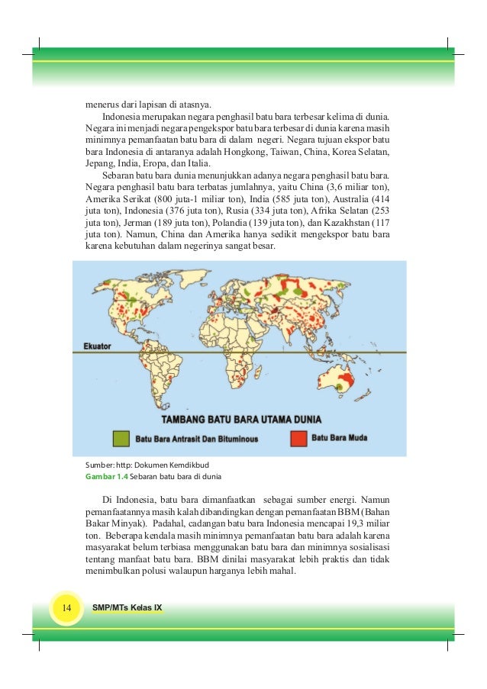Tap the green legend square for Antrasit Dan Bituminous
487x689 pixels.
121,438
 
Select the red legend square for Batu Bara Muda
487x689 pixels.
298,438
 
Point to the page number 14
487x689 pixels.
66,608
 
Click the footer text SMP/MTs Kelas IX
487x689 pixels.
127,608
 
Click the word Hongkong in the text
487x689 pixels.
244,152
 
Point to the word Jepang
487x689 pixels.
99,164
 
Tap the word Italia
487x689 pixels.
199,164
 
